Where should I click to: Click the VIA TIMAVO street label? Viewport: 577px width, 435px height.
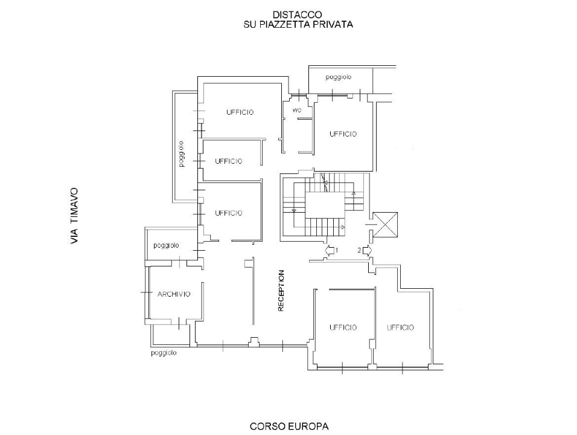(74, 216)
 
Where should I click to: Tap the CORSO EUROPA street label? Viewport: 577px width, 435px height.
(289, 427)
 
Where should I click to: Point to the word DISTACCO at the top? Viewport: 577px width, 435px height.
(298, 14)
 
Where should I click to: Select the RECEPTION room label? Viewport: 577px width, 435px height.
(281, 291)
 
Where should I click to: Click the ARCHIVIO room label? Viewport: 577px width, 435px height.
(174, 294)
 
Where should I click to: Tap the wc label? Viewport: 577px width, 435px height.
(297, 110)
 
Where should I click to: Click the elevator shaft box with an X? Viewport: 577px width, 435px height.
(385, 225)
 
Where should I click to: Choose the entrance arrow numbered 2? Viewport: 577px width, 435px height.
(367, 251)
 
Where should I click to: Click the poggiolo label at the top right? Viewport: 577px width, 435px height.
(339, 77)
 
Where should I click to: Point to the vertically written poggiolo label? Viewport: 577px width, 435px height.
(181, 154)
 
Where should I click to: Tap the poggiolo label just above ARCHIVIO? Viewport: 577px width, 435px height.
(167, 245)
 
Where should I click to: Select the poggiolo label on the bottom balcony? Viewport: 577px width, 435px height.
(164, 353)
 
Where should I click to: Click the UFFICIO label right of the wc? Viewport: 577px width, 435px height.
(343, 134)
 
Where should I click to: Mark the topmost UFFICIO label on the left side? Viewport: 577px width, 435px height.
(240, 112)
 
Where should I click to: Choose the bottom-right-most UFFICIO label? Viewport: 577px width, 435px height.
(400, 327)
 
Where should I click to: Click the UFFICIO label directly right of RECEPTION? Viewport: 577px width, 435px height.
(343, 327)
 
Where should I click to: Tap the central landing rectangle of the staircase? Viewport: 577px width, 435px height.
(325, 204)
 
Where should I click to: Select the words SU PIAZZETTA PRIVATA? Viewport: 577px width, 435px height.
(298, 25)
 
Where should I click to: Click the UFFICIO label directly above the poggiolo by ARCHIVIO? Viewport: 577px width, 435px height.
(229, 213)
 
